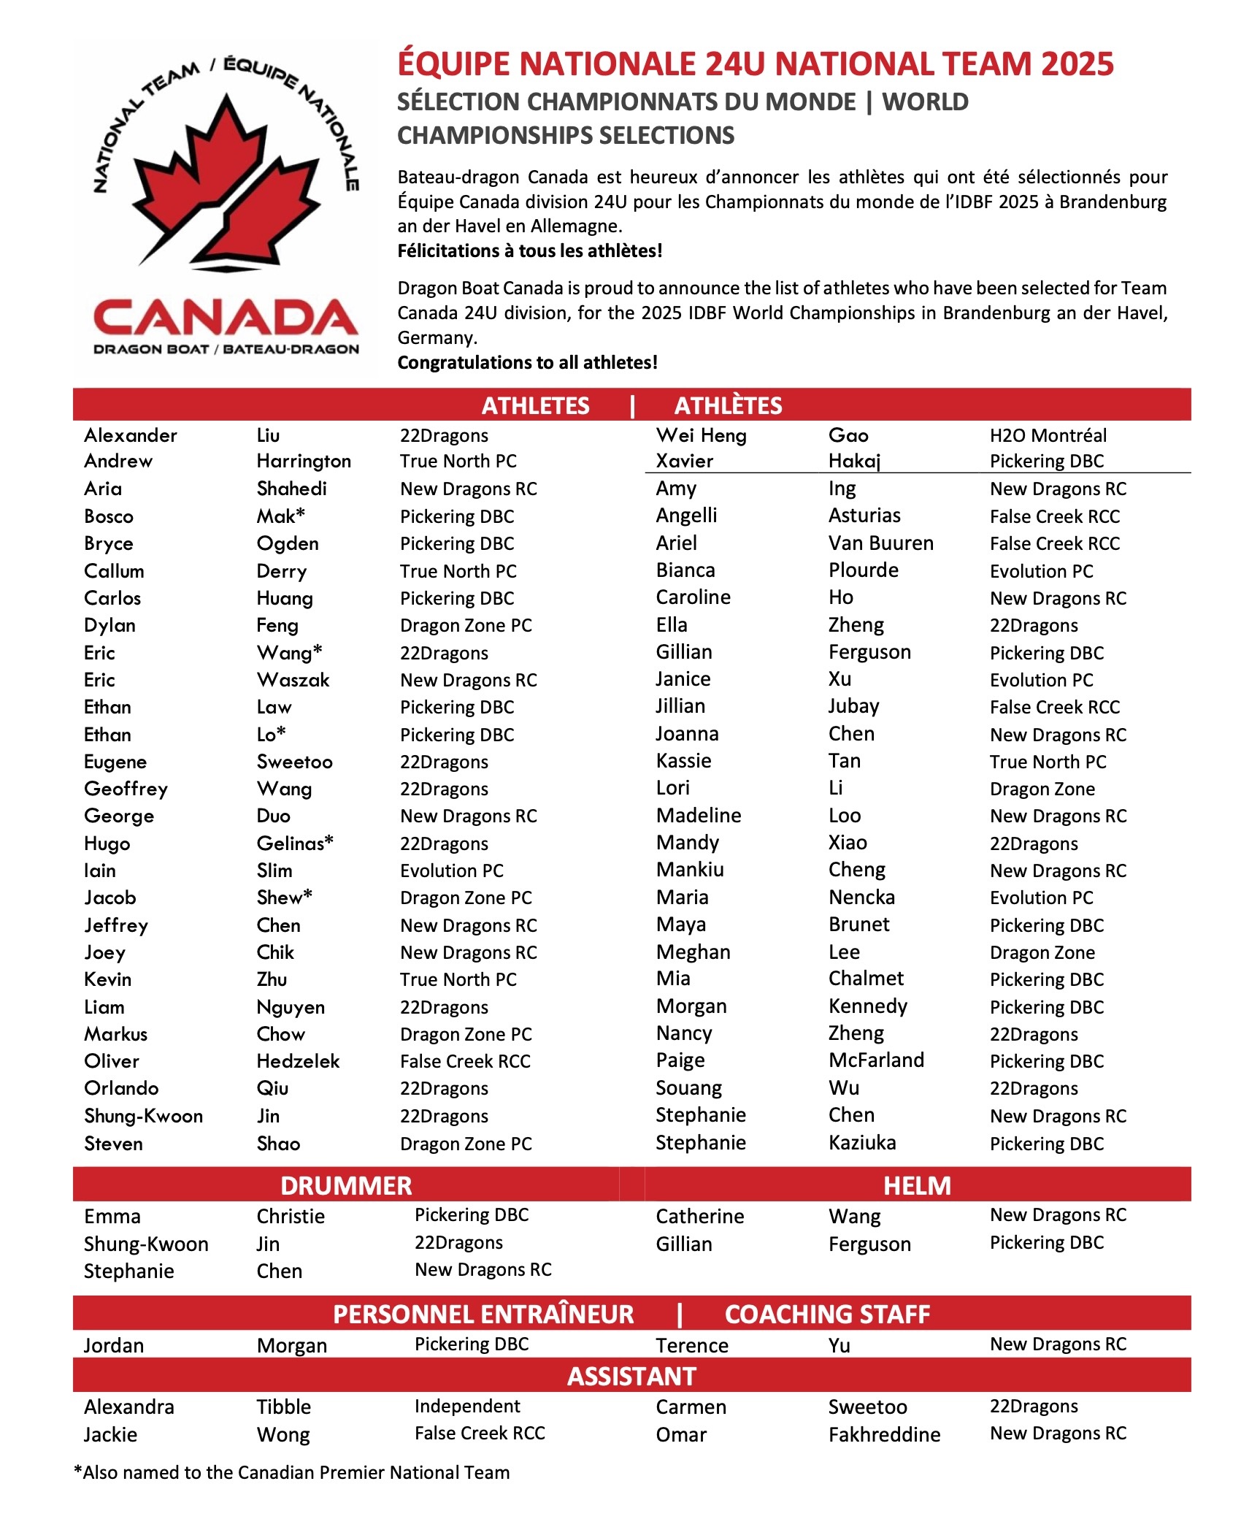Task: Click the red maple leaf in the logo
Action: click(x=226, y=183)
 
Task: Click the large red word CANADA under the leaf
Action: click(x=226, y=319)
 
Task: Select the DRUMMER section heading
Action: click(x=346, y=1185)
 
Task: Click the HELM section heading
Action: click(x=917, y=1185)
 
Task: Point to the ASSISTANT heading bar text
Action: click(x=631, y=1376)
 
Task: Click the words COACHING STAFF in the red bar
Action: click(x=827, y=1314)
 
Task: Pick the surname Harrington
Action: click(x=304, y=461)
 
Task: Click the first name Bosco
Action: click(x=109, y=516)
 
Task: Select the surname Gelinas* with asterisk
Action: click(x=295, y=843)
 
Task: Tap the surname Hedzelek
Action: click(x=298, y=1061)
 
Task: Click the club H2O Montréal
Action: click(x=1048, y=435)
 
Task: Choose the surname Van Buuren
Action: click(x=880, y=543)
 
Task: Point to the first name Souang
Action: click(x=688, y=1088)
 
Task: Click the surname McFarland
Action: click(x=876, y=1060)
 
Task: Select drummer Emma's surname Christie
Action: click(x=291, y=1217)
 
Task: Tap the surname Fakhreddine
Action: click(x=884, y=1434)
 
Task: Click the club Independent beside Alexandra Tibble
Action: click(x=467, y=1407)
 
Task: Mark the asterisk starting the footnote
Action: click(x=78, y=1471)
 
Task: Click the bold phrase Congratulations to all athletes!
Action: click(x=527, y=362)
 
